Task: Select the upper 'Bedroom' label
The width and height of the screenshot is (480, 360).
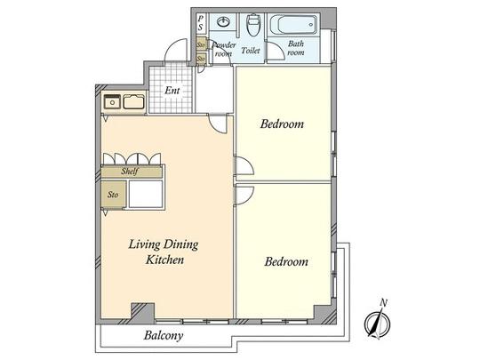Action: coord(282,124)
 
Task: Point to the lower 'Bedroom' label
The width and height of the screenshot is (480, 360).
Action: coord(285,262)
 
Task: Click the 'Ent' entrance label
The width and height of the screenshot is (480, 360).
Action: coord(171,91)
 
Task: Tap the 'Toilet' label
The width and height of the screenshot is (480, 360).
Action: coord(250,52)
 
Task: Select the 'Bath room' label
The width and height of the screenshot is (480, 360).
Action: coord(295,48)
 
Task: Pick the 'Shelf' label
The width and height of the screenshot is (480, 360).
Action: coord(132,172)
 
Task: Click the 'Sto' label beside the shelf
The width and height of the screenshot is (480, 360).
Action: coord(113,193)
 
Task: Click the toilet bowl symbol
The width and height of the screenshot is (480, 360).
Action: coord(253,25)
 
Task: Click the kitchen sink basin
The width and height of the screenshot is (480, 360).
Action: coord(133,102)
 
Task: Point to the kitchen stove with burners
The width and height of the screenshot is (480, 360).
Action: coord(112,102)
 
